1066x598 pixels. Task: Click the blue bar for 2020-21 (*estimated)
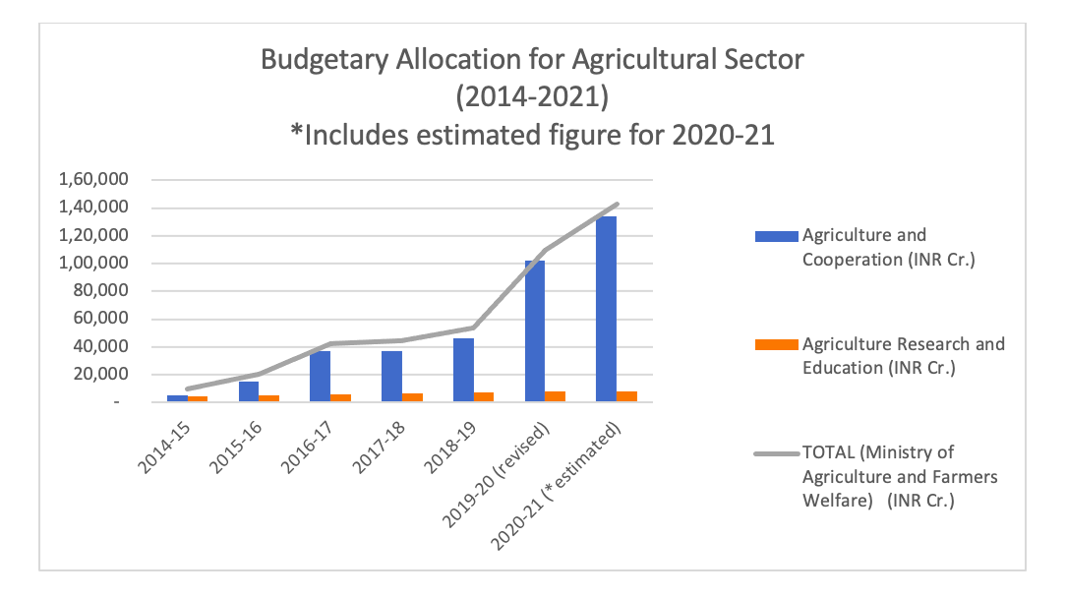tap(606, 309)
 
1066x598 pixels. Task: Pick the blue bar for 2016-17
tap(320, 376)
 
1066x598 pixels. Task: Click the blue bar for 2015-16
tap(249, 391)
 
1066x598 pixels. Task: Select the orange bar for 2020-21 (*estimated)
tap(626, 396)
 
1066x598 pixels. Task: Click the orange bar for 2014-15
tap(198, 398)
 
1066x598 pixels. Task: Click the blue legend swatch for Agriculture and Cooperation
tap(776, 236)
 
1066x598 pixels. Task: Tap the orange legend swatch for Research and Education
tap(776, 344)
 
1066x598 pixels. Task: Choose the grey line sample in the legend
tap(776, 453)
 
